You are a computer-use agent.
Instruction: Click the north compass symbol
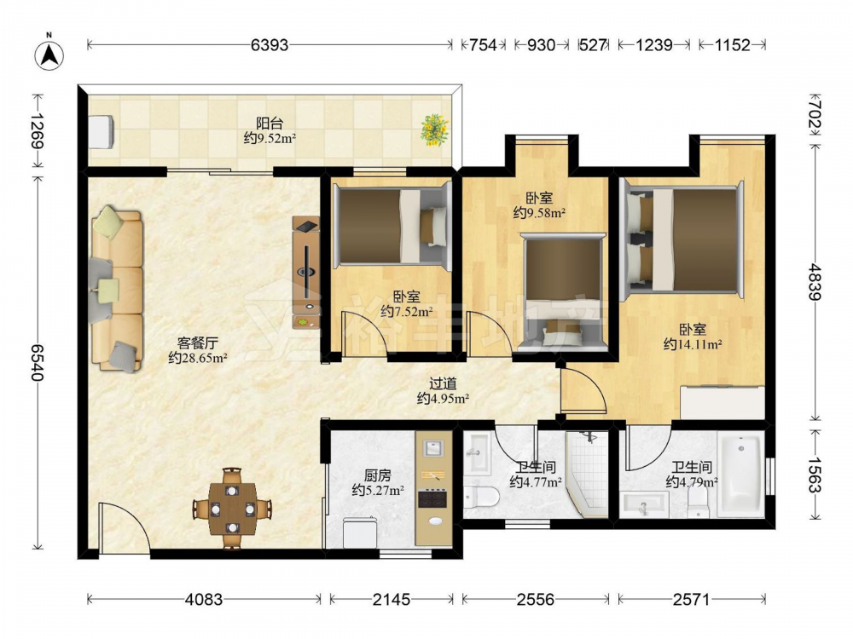click(x=49, y=55)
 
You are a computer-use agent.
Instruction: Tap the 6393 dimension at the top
click(x=270, y=44)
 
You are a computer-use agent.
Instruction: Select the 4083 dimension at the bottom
click(x=204, y=599)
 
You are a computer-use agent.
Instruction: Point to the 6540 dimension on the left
click(x=37, y=362)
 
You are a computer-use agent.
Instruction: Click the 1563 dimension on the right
click(x=815, y=475)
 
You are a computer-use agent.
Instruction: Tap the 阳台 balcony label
click(x=270, y=124)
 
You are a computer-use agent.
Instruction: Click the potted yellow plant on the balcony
click(x=435, y=130)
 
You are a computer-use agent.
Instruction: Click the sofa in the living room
click(x=116, y=289)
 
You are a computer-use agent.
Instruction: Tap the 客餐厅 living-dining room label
click(x=198, y=343)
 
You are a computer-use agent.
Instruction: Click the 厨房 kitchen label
click(x=378, y=476)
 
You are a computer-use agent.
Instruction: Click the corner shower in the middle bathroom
click(x=587, y=475)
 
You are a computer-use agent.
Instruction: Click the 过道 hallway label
click(x=443, y=383)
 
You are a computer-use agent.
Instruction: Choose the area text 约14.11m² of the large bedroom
click(x=693, y=344)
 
